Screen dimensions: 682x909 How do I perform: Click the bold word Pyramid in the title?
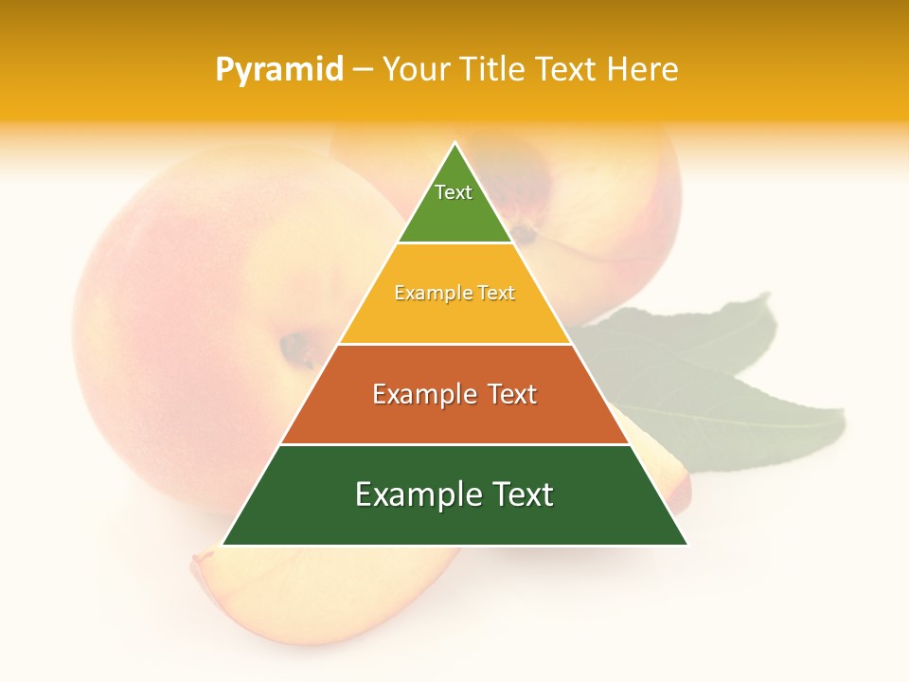click(279, 69)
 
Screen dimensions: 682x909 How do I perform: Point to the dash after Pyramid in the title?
click(363, 70)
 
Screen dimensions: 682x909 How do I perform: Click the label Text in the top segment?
click(454, 192)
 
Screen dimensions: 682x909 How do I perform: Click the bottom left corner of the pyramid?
click(223, 545)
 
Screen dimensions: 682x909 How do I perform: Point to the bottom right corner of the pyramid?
click(686, 545)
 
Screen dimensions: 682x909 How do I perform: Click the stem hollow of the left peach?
click(298, 349)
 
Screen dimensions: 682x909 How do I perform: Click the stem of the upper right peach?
click(523, 230)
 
